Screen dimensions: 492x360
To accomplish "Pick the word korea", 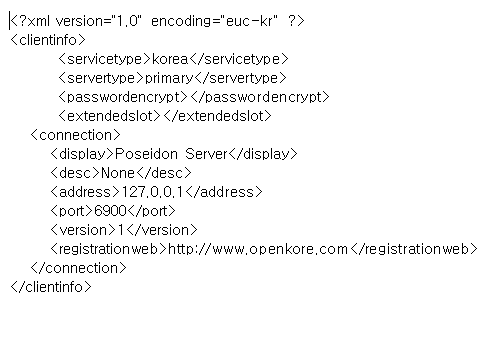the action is (172, 59).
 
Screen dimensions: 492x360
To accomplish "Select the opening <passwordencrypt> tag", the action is (122, 97).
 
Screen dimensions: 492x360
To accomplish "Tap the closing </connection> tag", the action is (79, 268).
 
